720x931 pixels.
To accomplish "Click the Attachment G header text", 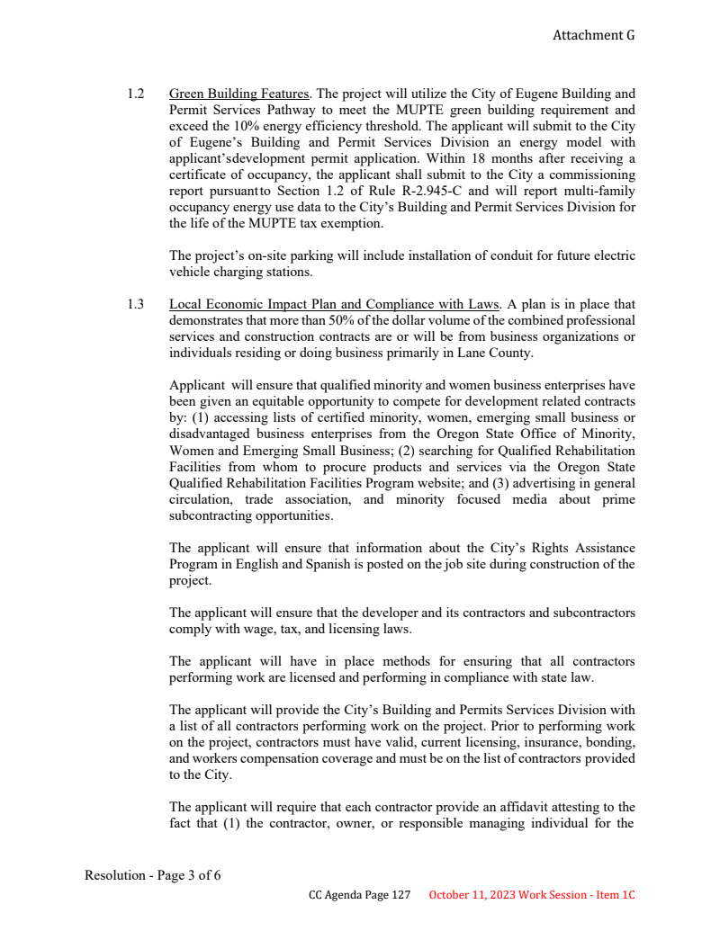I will click(x=593, y=35).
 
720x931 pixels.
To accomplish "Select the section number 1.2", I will click(x=136, y=94).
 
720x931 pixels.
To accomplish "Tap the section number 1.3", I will click(x=136, y=305).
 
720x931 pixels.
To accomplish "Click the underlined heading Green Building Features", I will click(x=239, y=94).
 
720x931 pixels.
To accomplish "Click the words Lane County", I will click(x=503, y=354).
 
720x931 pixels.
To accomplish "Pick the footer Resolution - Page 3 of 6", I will click(x=153, y=875).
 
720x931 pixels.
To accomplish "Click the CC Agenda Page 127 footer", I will click(x=359, y=895).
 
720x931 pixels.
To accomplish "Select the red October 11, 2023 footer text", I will click(x=532, y=895).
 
